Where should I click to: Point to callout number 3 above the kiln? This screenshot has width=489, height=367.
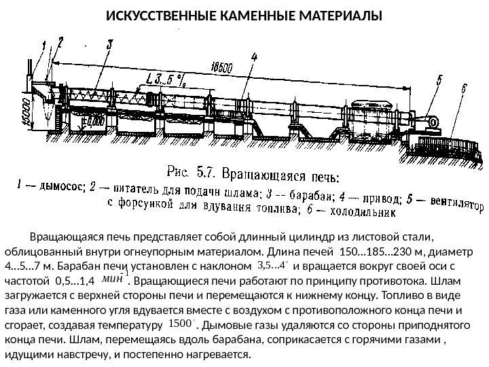[x=109, y=45]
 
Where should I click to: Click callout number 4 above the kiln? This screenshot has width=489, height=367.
[x=253, y=59]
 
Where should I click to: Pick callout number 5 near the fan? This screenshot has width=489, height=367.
[x=437, y=80]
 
